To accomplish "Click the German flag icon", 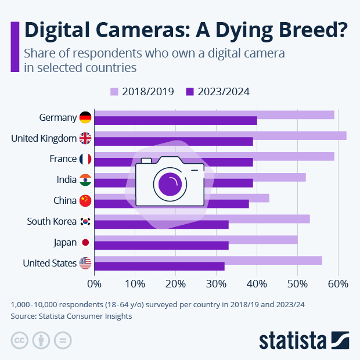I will (x=85, y=117).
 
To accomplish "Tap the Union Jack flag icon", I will (x=85, y=138).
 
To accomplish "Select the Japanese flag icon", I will (x=85, y=243).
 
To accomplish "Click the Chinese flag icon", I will (x=85, y=201).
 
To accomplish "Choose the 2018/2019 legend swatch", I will (x=114, y=92).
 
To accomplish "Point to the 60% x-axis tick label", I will (x=338, y=284).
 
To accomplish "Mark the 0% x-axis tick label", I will (x=94, y=284).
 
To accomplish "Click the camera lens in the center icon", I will (x=170, y=184).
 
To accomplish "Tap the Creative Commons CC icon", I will (x=20, y=340).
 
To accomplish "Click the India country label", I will (x=67, y=180).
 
